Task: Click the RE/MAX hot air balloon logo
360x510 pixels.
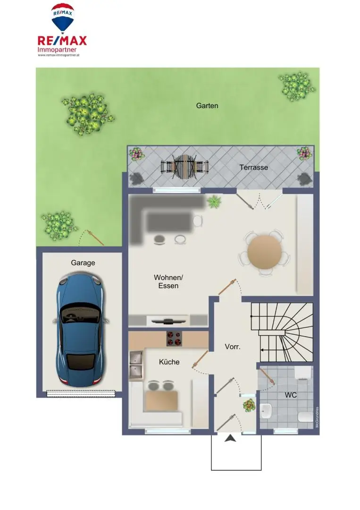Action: tap(62, 17)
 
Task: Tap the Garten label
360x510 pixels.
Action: tap(207, 106)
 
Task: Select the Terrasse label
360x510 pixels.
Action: tap(253, 167)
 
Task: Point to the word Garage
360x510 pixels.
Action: tap(83, 263)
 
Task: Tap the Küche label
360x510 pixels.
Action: tap(169, 362)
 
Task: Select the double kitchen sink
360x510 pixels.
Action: tap(136, 365)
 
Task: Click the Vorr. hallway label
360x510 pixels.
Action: tap(233, 346)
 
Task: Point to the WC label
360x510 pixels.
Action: tap(291, 395)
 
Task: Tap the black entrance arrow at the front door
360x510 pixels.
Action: tap(230, 439)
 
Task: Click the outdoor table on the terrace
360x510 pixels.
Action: tap(184, 166)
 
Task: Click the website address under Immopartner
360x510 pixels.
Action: tap(62, 55)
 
